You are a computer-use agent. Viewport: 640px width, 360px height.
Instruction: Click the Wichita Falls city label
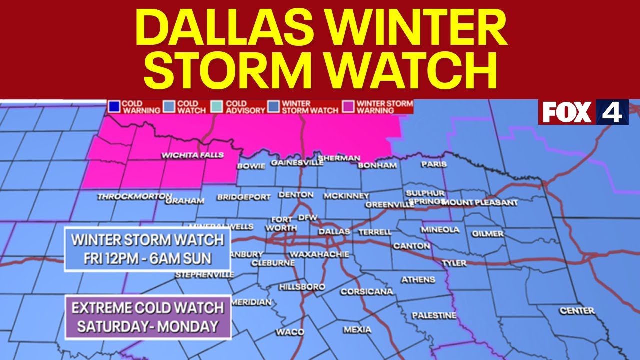(192, 156)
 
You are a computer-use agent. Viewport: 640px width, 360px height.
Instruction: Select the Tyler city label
(454, 263)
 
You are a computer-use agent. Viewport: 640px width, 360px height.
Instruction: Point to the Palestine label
(434, 315)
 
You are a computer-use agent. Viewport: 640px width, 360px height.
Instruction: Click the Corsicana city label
(366, 292)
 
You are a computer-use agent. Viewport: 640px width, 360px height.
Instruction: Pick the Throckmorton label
(134, 197)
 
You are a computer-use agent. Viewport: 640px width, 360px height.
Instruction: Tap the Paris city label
(433, 164)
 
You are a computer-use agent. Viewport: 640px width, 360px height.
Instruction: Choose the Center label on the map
(577, 311)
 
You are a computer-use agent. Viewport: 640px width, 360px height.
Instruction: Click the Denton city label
(296, 195)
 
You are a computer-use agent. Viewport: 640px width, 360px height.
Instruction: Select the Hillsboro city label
(302, 287)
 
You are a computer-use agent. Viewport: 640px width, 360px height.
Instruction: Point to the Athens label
(418, 280)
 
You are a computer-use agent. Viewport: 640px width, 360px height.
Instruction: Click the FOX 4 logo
(583, 112)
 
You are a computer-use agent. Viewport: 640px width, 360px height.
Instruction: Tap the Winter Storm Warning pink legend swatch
(348, 107)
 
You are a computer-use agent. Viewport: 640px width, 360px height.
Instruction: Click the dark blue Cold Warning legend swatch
(114, 107)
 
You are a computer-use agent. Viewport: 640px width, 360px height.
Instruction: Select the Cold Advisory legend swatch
(217, 107)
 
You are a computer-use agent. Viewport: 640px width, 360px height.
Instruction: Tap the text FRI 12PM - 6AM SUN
(148, 258)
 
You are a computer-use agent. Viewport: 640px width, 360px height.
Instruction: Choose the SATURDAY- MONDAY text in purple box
(148, 326)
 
